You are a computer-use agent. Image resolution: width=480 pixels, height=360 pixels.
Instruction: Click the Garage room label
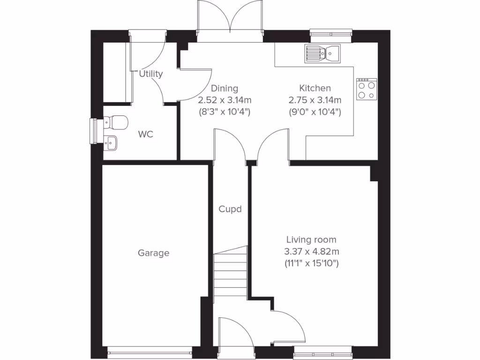[153, 253]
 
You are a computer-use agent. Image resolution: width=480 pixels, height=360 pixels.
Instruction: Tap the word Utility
[151, 74]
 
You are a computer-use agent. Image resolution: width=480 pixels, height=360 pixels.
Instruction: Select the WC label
[146, 135]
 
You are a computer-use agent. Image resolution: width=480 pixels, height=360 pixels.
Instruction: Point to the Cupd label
[230, 209]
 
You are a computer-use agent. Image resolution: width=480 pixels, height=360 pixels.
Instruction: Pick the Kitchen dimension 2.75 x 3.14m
[315, 100]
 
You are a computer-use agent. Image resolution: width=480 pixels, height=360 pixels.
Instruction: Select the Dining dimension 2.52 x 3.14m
[225, 100]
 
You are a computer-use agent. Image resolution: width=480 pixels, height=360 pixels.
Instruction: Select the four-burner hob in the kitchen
[367, 89]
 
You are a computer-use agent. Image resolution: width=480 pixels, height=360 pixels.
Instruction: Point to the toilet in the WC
[116, 123]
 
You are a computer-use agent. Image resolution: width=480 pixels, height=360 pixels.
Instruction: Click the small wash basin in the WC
[111, 142]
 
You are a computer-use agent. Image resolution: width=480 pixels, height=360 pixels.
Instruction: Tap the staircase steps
[231, 274]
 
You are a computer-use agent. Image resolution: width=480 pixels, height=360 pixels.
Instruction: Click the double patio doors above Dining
[230, 19]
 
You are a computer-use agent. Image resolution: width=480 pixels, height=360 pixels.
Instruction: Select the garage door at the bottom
[150, 349]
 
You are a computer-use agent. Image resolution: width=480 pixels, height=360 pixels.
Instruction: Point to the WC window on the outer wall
[93, 130]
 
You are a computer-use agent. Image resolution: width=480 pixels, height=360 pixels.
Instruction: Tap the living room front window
[323, 349]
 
